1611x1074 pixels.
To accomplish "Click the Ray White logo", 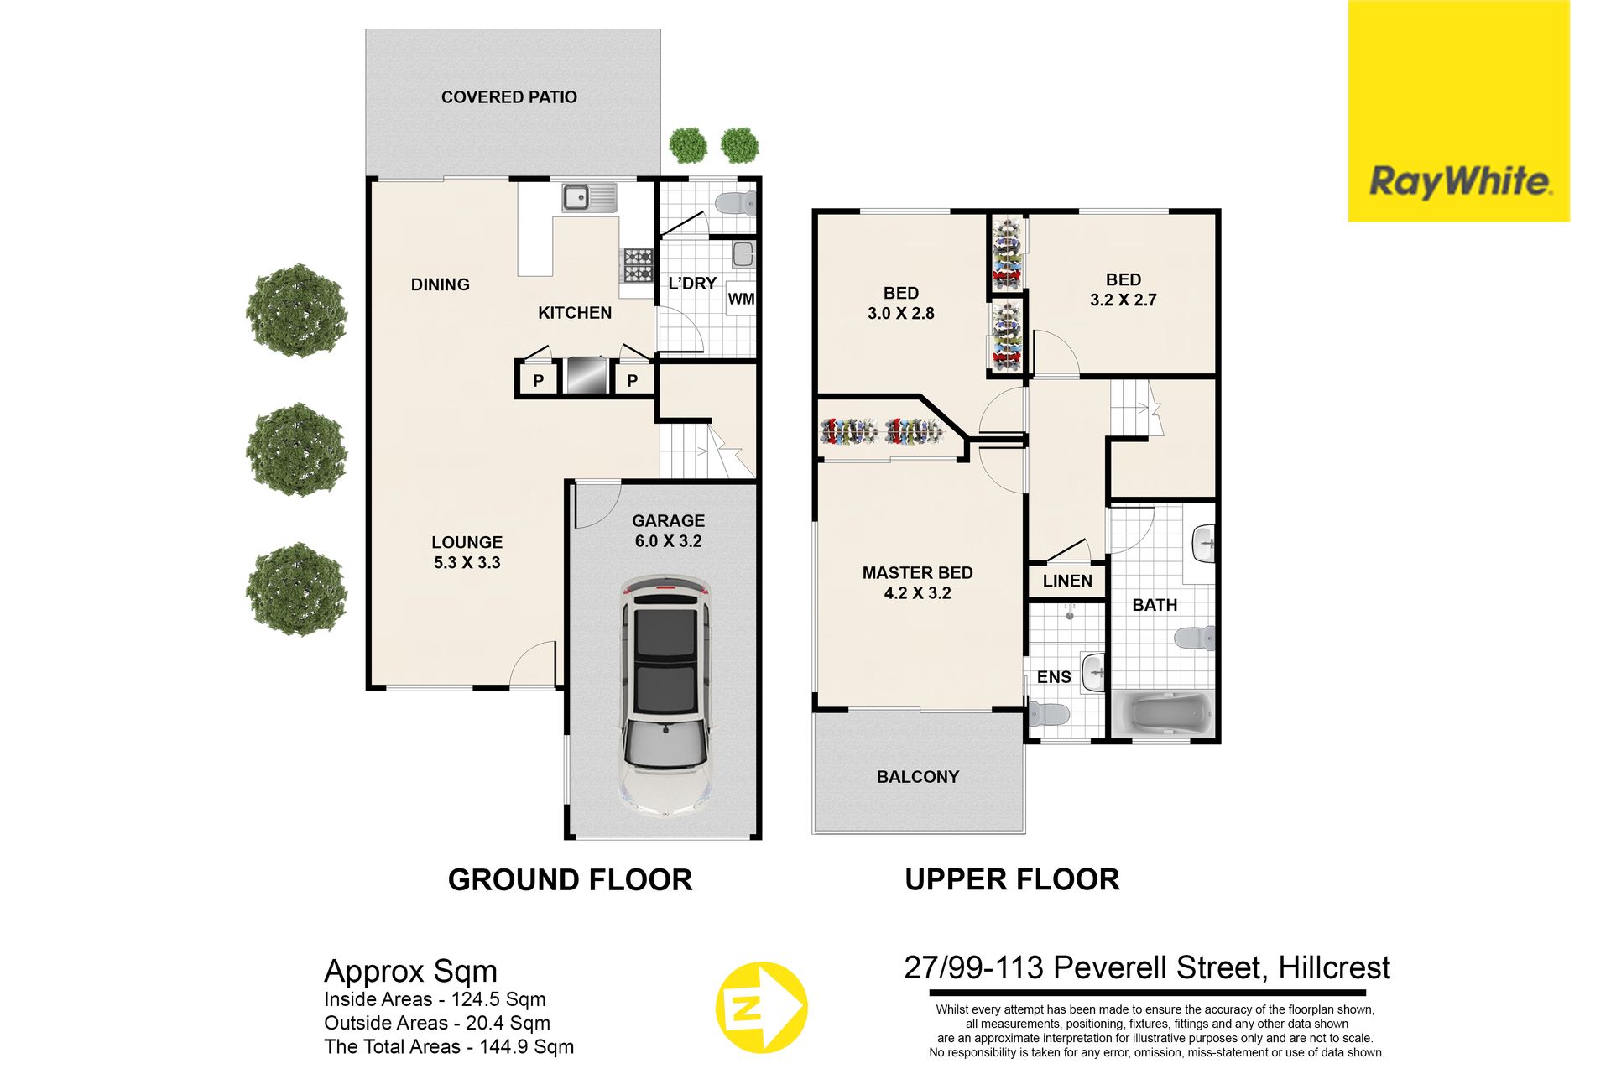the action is click(1458, 111).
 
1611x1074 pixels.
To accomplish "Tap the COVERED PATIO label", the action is click(509, 97).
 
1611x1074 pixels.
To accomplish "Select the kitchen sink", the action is click(589, 198).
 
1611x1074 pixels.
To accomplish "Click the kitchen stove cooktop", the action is click(637, 265).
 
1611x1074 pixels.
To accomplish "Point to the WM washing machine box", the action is click(741, 299).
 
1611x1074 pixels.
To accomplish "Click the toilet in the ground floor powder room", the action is click(737, 203).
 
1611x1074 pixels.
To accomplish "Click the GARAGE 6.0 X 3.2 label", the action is click(668, 531).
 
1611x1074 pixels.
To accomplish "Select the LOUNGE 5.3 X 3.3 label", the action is click(467, 553).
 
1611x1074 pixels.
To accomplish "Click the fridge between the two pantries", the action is click(586, 376).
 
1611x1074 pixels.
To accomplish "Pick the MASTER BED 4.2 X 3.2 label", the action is click(918, 583).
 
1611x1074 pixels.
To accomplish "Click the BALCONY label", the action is click(918, 777).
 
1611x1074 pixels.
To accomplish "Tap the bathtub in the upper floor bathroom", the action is click(1163, 713).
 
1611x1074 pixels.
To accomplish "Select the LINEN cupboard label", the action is click(1067, 581).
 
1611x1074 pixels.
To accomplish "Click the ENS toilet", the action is click(1049, 715).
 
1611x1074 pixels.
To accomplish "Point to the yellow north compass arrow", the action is click(761, 1008).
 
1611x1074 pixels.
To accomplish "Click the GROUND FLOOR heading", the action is click(570, 880).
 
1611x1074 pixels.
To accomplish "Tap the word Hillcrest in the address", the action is click(1334, 968).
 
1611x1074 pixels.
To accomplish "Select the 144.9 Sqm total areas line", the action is click(449, 1047).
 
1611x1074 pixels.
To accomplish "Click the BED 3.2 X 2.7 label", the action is click(1124, 290).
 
